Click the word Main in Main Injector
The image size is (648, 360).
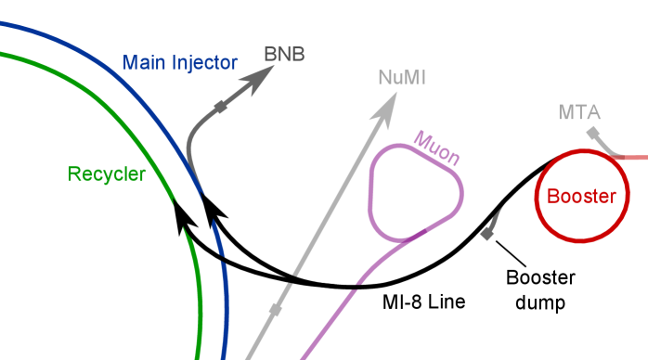[142, 64]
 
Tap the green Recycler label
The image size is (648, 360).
[107, 174]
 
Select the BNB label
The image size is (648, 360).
[284, 54]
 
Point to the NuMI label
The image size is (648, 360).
[402, 78]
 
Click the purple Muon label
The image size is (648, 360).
[436, 148]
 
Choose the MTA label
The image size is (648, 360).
[579, 113]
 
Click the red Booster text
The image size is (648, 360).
[581, 197]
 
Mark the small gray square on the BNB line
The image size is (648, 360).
[221, 109]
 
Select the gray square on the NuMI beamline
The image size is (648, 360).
[276, 308]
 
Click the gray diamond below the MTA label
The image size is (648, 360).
[591, 134]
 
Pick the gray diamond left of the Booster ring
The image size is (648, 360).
[486, 234]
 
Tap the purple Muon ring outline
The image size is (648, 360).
[371, 186]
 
